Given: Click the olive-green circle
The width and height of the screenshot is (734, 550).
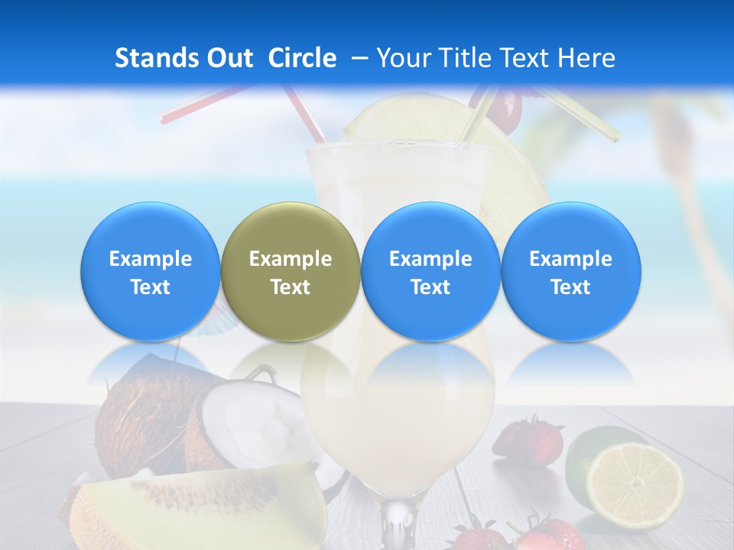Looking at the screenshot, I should (290, 271).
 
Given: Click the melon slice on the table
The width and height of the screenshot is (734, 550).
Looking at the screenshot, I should (199, 504).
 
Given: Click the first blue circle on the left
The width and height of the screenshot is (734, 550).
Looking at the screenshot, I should (150, 271).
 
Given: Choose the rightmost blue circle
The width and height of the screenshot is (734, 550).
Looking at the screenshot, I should (570, 271).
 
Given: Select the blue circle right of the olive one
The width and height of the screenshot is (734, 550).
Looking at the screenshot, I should (430, 271).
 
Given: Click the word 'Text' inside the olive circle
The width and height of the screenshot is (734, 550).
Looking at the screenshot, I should (291, 287).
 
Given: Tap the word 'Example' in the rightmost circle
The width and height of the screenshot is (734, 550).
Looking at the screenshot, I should (570, 259).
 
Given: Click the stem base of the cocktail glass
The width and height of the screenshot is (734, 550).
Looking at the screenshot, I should (398, 527).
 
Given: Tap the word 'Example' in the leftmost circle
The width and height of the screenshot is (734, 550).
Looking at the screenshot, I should (151, 259).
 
